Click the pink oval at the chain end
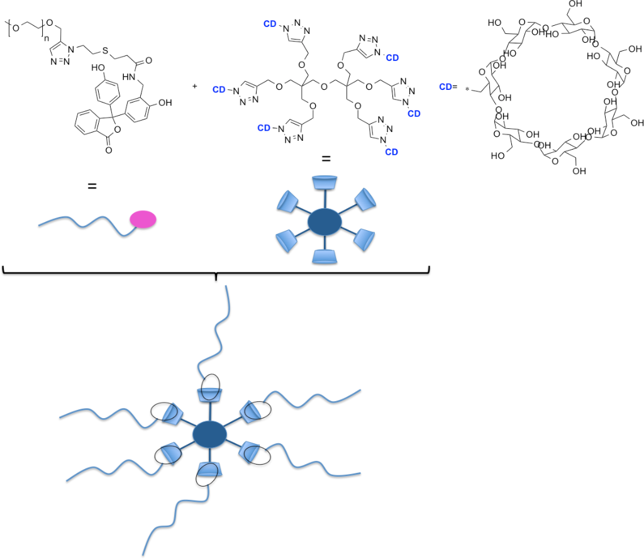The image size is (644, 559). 143,219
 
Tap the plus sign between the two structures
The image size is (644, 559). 195,86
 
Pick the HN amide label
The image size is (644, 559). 130,77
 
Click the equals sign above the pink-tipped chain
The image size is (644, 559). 92,186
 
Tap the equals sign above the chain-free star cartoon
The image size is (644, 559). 325,158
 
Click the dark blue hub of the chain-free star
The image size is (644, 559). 325,221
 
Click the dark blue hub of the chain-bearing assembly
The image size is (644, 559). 209,434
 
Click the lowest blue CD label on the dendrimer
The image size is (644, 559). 391,152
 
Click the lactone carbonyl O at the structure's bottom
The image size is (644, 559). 109,152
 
